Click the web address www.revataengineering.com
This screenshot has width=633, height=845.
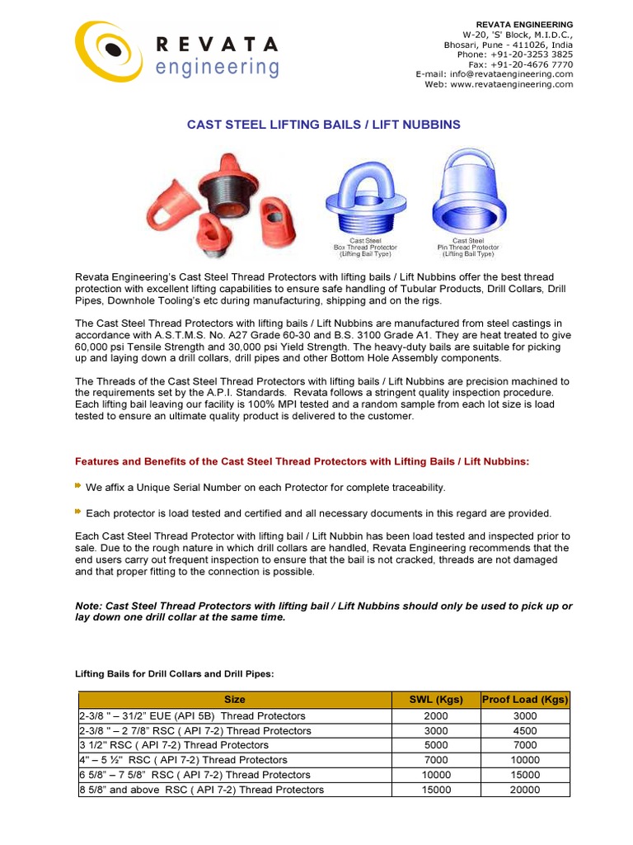tap(511, 83)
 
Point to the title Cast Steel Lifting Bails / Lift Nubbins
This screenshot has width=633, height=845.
tap(323, 125)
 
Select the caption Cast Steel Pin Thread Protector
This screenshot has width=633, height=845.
tap(467, 247)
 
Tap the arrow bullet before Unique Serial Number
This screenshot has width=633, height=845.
tap(79, 487)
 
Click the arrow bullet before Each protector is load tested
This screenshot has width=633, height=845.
tap(79, 512)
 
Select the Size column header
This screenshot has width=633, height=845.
tap(235, 700)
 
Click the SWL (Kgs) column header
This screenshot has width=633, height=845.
tap(436, 700)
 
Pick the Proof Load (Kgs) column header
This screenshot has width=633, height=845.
tap(525, 700)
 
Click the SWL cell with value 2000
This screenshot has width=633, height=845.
tap(436, 715)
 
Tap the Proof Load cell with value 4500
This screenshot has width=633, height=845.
tap(525, 730)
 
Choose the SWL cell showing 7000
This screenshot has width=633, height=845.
tap(436, 760)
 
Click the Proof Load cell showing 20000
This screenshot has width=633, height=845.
tap(525, 790)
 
